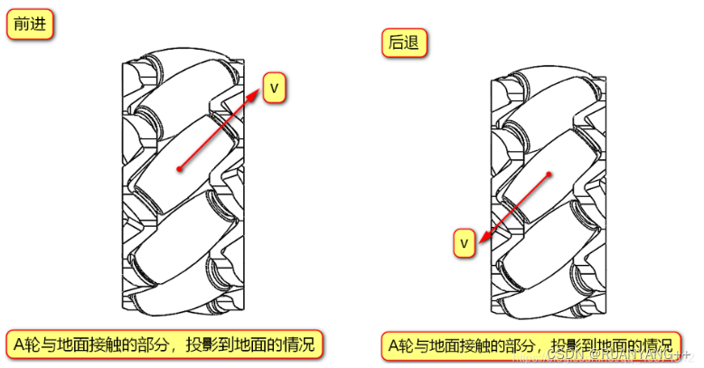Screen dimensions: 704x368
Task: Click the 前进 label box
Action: point(29,25)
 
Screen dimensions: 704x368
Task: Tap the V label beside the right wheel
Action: point(464,243)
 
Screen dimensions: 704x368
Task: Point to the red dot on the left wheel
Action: point(180,168)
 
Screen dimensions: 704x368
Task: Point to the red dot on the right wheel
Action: point(549,174)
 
